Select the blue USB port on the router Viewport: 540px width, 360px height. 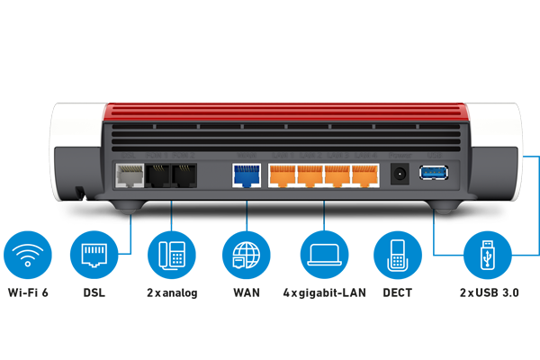coord(432,172)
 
